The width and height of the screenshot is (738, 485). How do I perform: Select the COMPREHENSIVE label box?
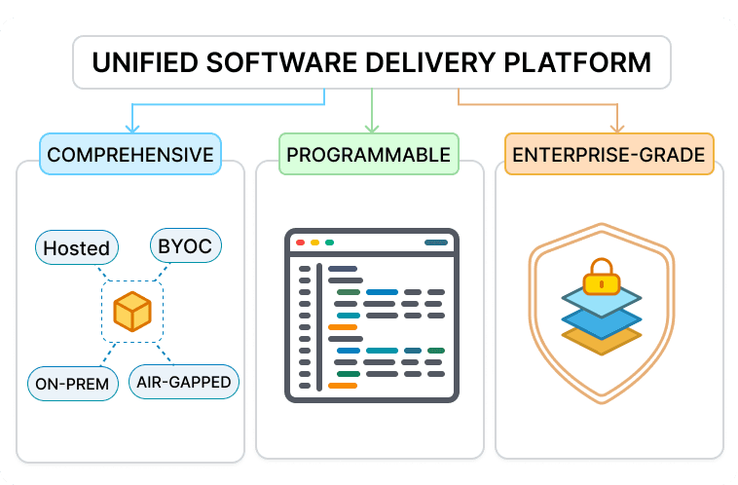[x=130, y=154]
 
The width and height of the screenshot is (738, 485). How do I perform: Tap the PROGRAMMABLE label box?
[x=369, y=154]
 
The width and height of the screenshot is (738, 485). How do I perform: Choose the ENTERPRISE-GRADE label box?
[x=609, y=154]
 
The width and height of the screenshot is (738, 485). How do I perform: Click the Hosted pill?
[x=76, y=247]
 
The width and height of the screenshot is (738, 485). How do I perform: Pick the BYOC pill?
[x=184, y=246]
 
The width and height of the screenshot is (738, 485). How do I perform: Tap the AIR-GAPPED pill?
[x=184, y=381]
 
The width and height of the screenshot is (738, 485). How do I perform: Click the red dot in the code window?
[x=300, y=242]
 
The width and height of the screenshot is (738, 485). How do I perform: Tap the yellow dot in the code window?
[x=314, y=242]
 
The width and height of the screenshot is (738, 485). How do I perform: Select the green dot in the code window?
[x=329, y=242]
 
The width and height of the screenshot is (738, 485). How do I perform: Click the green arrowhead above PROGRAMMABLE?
[x=370, y=127]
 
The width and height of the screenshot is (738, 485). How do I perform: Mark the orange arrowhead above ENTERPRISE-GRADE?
[x=615, y=127]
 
